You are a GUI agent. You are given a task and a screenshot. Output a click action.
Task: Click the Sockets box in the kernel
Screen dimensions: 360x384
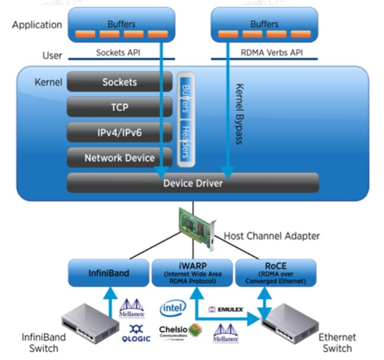click(x=120, y=82)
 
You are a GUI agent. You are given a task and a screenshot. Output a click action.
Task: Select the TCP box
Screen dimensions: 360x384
click(x=120, y=107)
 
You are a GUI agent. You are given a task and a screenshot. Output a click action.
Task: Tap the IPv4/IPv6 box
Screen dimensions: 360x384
click(x=120, y=132)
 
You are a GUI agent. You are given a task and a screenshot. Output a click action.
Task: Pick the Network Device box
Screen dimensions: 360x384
click(x=120, y=158)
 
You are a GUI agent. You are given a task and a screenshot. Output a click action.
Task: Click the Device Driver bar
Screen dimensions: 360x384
click(x=193, y=183)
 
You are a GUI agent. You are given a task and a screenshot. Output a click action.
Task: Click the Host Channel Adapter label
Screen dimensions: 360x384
click(x=271, y=236)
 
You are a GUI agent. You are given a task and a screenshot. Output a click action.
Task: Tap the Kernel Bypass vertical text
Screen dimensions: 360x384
click(x=240, y=113)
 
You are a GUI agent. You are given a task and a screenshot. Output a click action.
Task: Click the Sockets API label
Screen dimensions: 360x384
click(x=119, y=53)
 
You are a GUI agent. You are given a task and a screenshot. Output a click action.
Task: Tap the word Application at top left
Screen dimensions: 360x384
click(x=36, y=25)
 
